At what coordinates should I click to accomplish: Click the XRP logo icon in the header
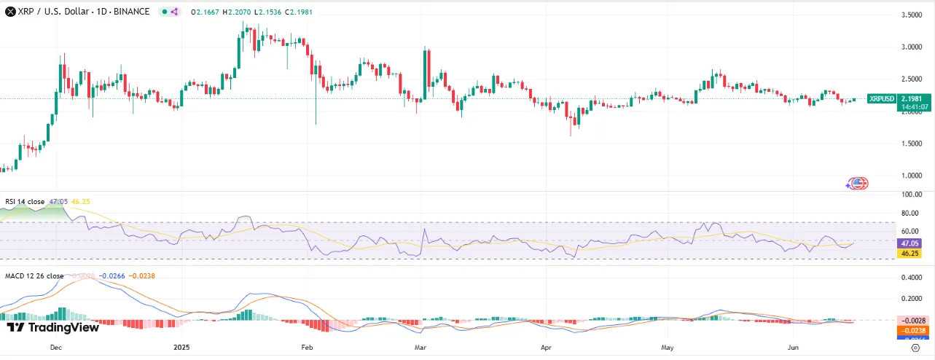[9, 12]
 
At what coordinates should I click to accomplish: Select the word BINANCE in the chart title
[132, 12]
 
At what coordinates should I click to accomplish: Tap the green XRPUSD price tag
[882, 98]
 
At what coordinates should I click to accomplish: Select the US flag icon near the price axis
[859, 183]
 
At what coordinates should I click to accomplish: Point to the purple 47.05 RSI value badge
[911, 243]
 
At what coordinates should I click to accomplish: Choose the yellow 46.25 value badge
[911, 254]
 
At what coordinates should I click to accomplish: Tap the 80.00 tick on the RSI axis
[911, 214]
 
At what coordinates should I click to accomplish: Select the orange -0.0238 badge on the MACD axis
[911, 330]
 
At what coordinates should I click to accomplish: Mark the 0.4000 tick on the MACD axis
[911, 278]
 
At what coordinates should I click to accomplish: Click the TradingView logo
[52, 328]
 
